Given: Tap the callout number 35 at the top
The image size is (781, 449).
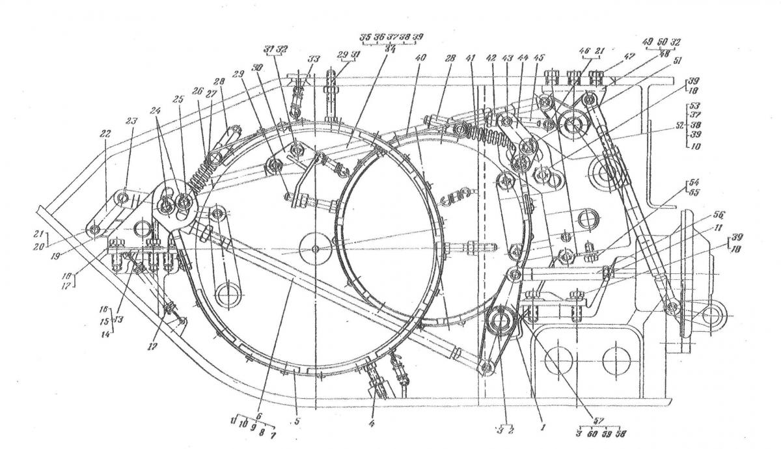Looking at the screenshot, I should [x=366, y=36].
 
